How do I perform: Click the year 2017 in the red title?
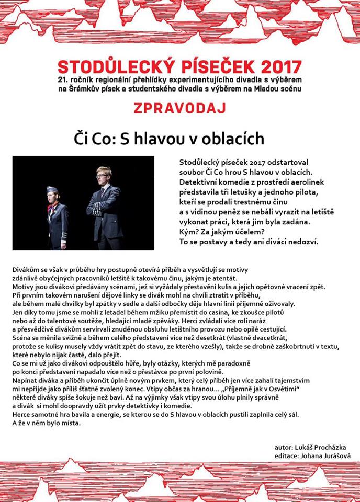276,67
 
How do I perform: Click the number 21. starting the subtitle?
64,79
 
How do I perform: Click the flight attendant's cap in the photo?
52,189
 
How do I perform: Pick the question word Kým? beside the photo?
188,232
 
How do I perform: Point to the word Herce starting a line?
21,415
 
